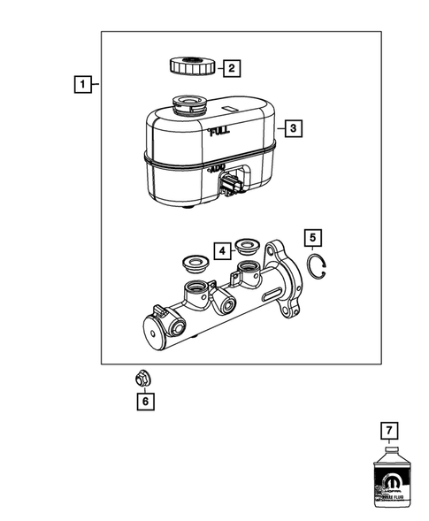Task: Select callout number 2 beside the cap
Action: tap(231, 67)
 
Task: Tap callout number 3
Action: tap(294, 128)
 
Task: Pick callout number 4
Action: tap(222, 251)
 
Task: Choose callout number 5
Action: tap(310, 238)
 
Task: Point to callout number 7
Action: tap(387, 432)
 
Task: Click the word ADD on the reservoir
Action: tap(218, 167)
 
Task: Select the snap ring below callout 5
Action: tap(318, 263)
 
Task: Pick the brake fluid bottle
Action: tap(387, 482)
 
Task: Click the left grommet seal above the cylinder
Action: tap(191, 265)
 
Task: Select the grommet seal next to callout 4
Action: tap(246, 252)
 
